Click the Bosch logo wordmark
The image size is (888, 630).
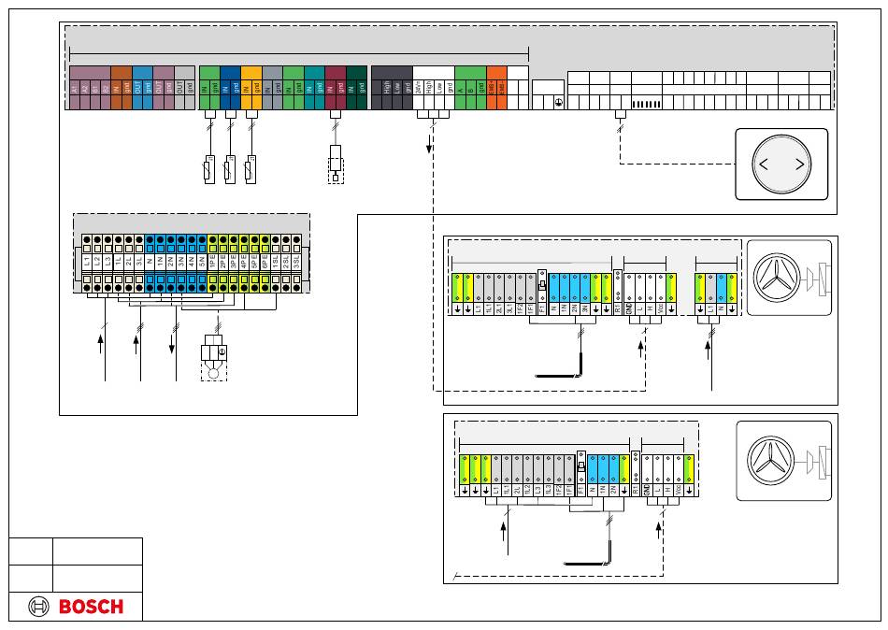[91, 607]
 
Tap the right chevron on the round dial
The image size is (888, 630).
[800, 165]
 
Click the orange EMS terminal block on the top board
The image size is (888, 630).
[496, 88]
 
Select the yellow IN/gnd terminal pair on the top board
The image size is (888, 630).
[251, 88]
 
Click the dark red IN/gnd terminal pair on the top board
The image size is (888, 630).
[335, 88]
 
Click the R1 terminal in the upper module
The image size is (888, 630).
[618, 307]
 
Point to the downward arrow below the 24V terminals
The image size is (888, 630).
[430, 143]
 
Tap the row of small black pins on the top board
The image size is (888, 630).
[647, 104]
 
